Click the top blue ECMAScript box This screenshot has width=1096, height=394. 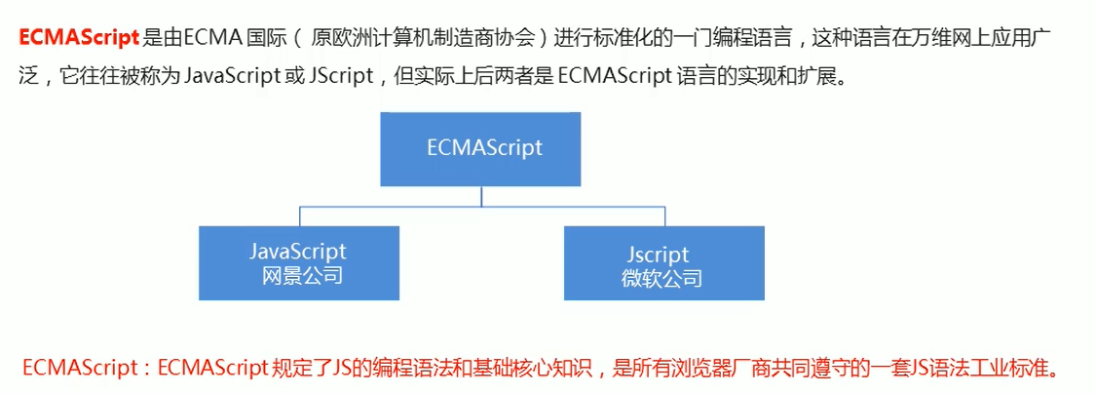tap(481, 148)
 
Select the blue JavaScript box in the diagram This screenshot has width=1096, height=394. tap(298, 261)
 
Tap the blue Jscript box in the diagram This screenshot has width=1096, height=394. tap(663, 261)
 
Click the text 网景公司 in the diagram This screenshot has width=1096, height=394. tap(303, 276)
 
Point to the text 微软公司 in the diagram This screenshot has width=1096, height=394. tap(662, 278)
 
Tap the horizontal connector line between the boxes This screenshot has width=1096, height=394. tap(481, 207)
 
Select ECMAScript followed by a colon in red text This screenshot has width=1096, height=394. tap(86, 370)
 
